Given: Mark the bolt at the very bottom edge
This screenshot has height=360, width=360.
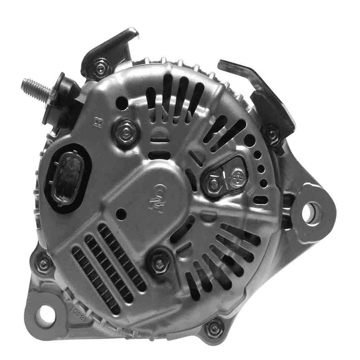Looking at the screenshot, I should click(x=215, y=328).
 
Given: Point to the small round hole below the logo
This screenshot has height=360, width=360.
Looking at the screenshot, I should click(x=122, y=214).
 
